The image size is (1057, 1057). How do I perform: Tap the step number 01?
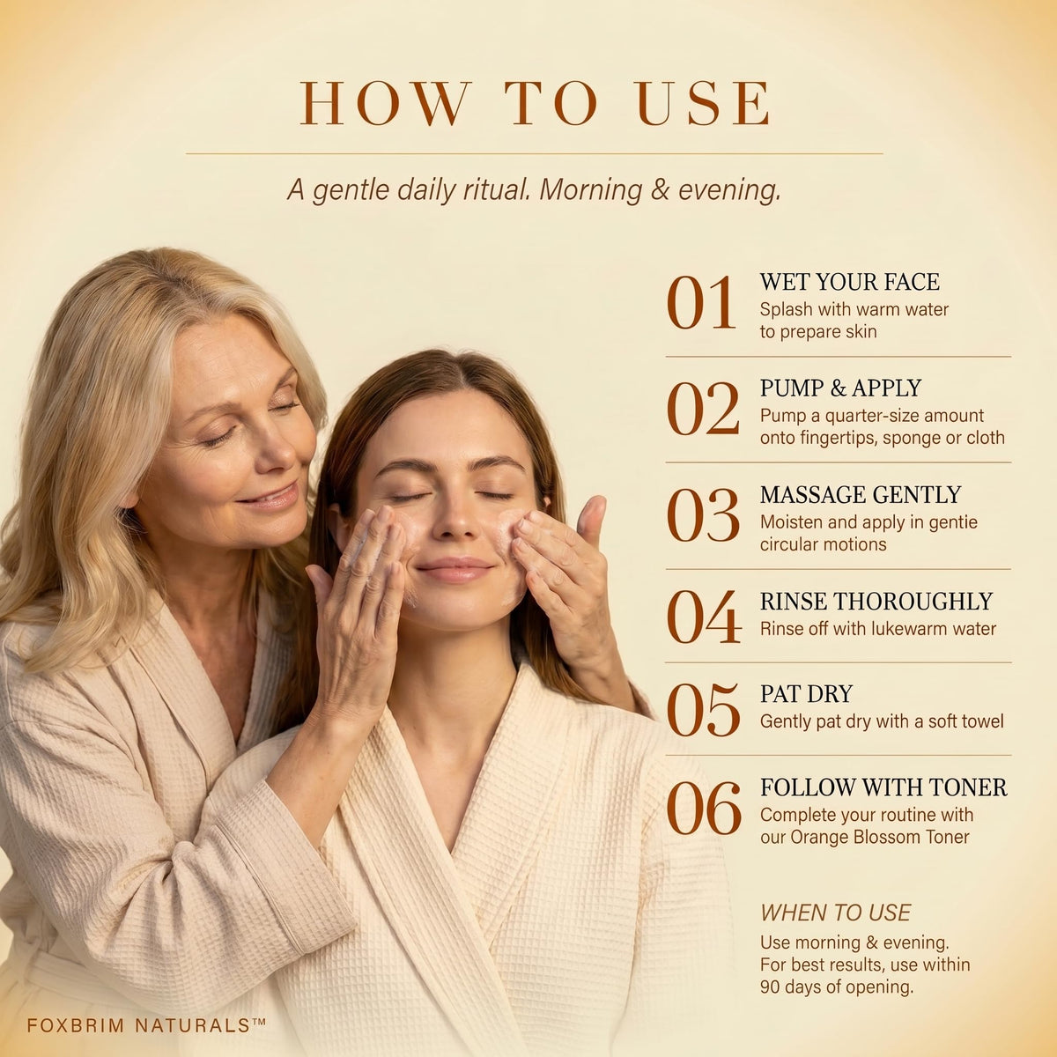(701, 303)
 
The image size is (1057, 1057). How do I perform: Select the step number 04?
(704, 617)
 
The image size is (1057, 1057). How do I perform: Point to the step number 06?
(704, 808)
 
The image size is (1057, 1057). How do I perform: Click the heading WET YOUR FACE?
(850, 282)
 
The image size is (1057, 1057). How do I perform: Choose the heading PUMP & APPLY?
(840, 388)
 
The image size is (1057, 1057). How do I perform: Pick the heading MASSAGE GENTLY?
(861, 495)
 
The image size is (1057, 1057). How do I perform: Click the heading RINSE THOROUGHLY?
(876, 602)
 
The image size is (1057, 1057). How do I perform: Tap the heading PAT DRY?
(806, 694)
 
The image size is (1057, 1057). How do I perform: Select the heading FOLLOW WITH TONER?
(883, 787)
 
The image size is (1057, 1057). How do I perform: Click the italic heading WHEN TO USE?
(835, 913)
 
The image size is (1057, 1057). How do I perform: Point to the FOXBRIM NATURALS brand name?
(146, 1024)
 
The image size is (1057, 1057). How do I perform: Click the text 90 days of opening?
(837, 987)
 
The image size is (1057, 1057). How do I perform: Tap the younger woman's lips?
(455, 569)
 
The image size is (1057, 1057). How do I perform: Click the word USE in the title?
(705, 103)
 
